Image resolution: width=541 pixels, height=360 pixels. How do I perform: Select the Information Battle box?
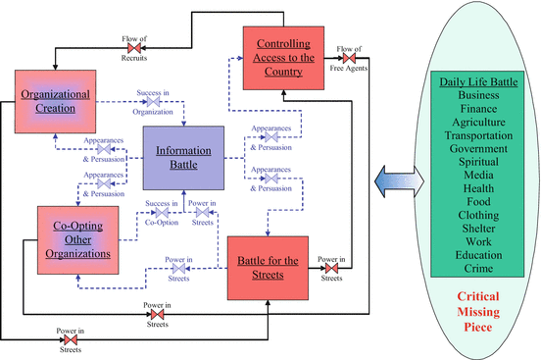(x=184, y=157)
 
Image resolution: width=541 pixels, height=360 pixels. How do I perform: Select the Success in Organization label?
(x=160, y=103)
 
